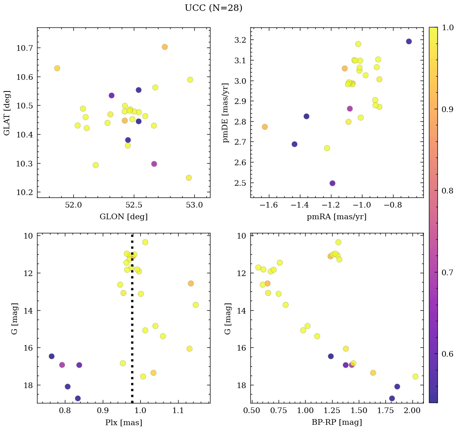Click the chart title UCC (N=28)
(x=213, y=8)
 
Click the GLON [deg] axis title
(x=123, y=217)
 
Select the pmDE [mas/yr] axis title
(x=226, y=112)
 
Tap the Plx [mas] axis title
(x=123, y=422)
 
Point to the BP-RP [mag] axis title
(x=337, y=422)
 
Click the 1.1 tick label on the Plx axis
(x=178, y=411)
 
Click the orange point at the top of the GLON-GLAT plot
(x=164, y=47)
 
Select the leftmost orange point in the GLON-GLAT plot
(x=57, y=68)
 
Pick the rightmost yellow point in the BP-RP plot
(x=415, y=376)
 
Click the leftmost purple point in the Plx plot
(x=52, y=356)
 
